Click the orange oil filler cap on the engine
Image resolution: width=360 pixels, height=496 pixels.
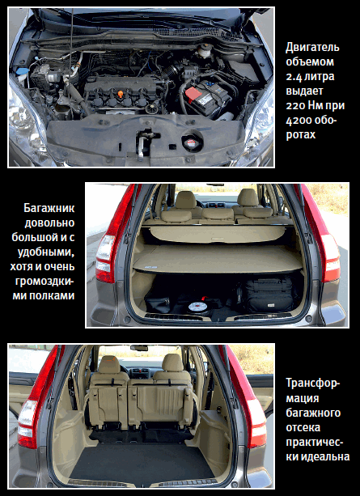coord(121,95)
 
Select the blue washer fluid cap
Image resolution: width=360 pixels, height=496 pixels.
coord(22,70)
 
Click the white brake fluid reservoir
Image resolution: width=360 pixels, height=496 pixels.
coord(204,51)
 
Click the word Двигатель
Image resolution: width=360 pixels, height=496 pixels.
coord(312,48)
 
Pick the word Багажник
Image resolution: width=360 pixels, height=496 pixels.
coord(49,209)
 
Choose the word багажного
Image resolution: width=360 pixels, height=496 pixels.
coord(313,413)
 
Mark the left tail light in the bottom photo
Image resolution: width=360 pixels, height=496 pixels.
coord(35,399)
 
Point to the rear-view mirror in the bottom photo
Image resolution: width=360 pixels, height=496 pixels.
coord(139,348)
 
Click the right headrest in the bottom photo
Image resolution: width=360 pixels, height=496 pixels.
coord(172,362)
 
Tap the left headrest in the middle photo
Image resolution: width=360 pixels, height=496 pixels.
coord(186,200)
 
